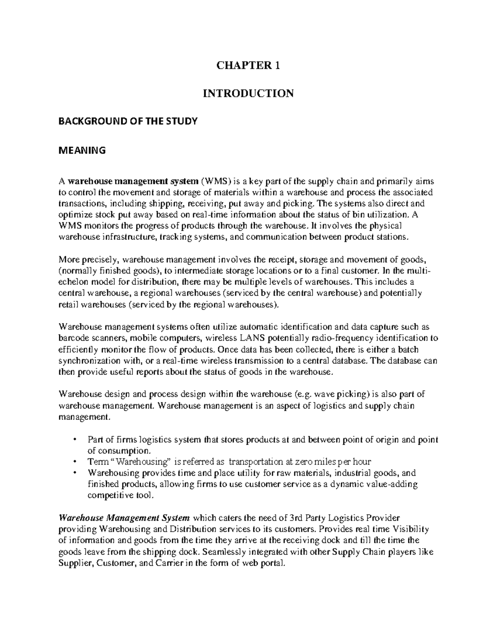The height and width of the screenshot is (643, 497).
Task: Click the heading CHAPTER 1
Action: click(248, 65)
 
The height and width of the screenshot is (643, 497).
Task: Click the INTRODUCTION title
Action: click(248, 94)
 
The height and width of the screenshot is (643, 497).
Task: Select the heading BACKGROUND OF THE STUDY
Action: click(128, 121)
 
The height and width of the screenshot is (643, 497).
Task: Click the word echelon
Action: click(72, 282)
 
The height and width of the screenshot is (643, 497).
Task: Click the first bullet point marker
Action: click(74, 439)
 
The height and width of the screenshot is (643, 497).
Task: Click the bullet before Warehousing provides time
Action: click(74, 473)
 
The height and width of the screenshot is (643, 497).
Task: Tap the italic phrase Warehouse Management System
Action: click(125, 518)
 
